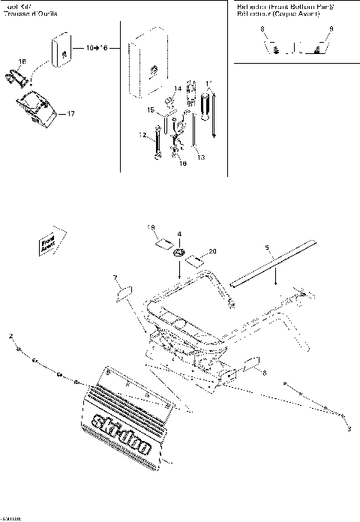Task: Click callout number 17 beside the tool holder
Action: [x=71, y=114]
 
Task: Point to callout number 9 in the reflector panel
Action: [x=331, y=28]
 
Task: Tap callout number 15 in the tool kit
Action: [x=150, y=110]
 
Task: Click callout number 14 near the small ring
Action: [x=178, y=88]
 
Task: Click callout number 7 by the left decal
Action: [x=115, y=277]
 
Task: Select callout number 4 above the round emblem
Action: [x=179, y=234]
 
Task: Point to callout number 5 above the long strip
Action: [x=266, y=246]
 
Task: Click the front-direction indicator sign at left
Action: [x=49, y=244]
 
